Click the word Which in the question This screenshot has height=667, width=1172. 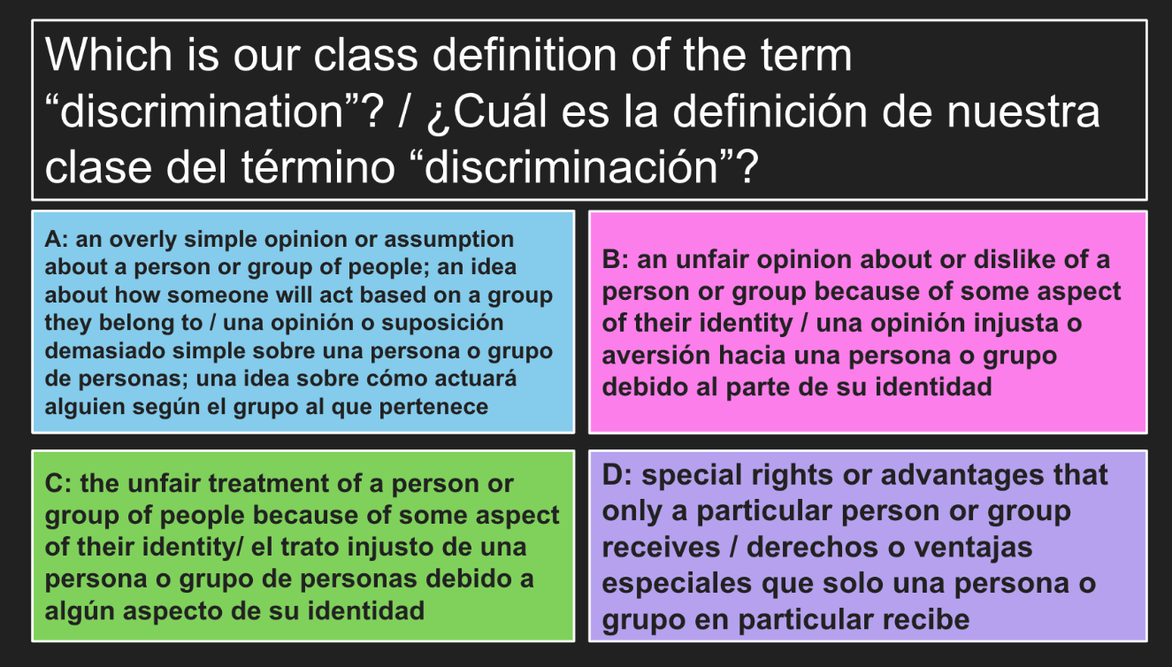pyautogui.click(x=109, y=55)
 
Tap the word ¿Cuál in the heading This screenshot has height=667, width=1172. pyautogui.click(x=487, y=112)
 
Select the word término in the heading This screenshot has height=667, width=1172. pyautogui.click(x=318, y=167)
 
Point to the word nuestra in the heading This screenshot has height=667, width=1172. pyautogui.click(x=1023, y=112)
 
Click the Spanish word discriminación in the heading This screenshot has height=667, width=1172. pyautogui.click(x=571, y=167)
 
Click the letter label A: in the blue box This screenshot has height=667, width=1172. pyautogui.click(x=57, y=240)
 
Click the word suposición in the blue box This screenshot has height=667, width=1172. pyautogui.click(x=442, y=323)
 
